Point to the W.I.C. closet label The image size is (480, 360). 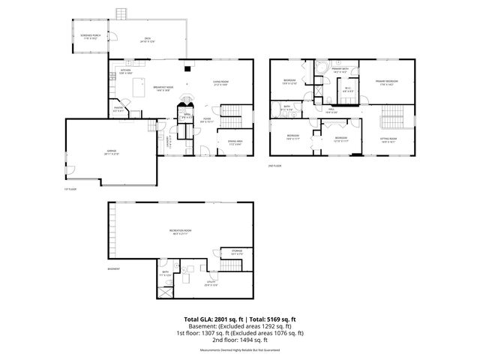[x=348, y=91]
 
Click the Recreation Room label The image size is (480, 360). [x=180, y=232]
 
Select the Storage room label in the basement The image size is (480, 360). [x=237, y=253]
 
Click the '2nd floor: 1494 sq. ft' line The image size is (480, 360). [x=240, y=339]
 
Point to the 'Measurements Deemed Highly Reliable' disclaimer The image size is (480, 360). [x=240, y=349]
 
